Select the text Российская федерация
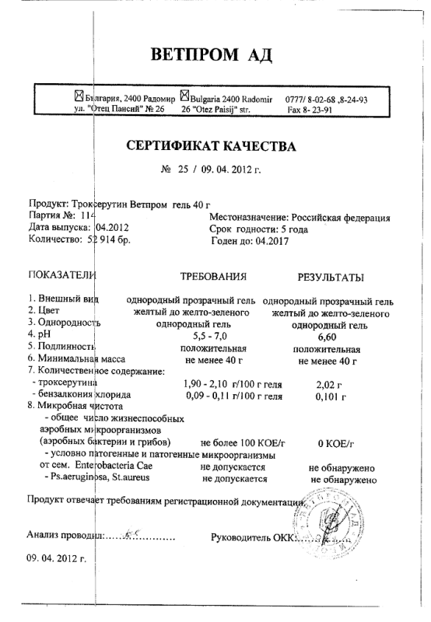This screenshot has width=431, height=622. (x=340, y=218)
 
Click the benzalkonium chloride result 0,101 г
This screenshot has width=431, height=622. (x=331, y=397)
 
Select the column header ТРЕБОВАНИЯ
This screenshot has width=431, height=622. (x=213, y=277)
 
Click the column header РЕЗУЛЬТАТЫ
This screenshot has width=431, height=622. (x=331, y=278)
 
